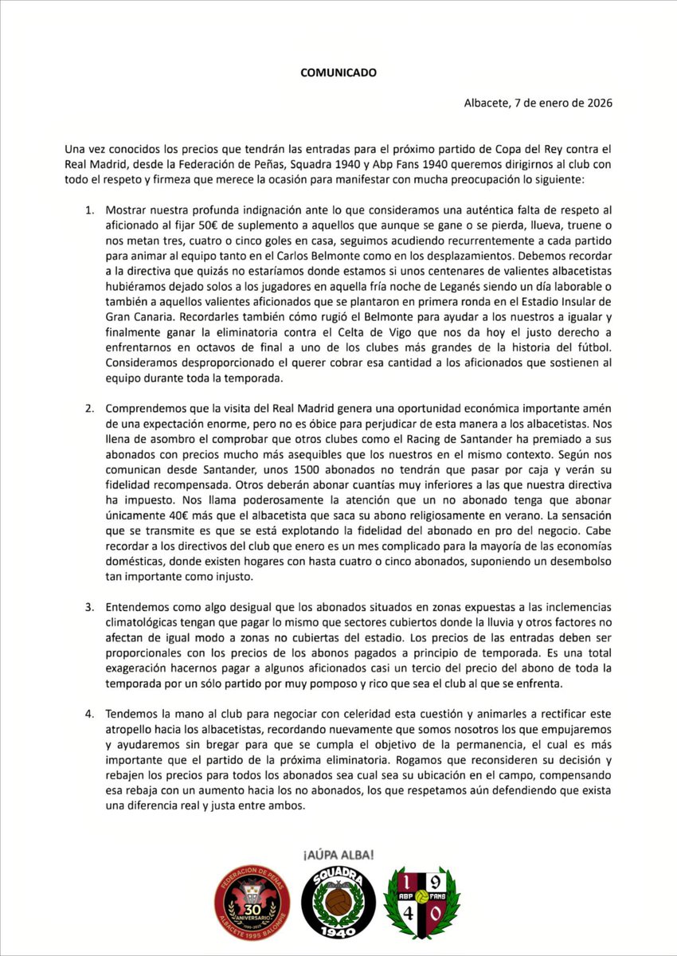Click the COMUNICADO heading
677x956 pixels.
tap(338, 72)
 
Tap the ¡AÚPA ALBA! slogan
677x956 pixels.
tap(338, 855)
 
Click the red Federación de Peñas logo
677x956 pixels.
tap(252, 905)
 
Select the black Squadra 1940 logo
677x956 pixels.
tap(338, 905)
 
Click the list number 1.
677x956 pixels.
tap(90, 210)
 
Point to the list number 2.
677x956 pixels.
tap(90, 409)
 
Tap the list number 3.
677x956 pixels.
tap(90, 608)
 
